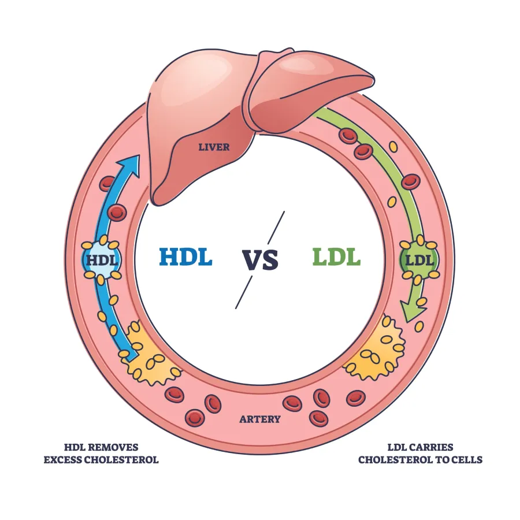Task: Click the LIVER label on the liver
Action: click(x=214, y=147)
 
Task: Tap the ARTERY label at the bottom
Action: click(x=260, y=419)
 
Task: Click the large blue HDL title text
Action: click(x=185, y=257)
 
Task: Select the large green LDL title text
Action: click(x=336, y=257)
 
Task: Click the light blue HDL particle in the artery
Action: click(x=102, y=260)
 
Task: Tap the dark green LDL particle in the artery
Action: click(x=419, y=260)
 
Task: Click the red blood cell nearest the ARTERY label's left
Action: click(x=212, y=403)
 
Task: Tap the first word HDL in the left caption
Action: click(x=75, y=447)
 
